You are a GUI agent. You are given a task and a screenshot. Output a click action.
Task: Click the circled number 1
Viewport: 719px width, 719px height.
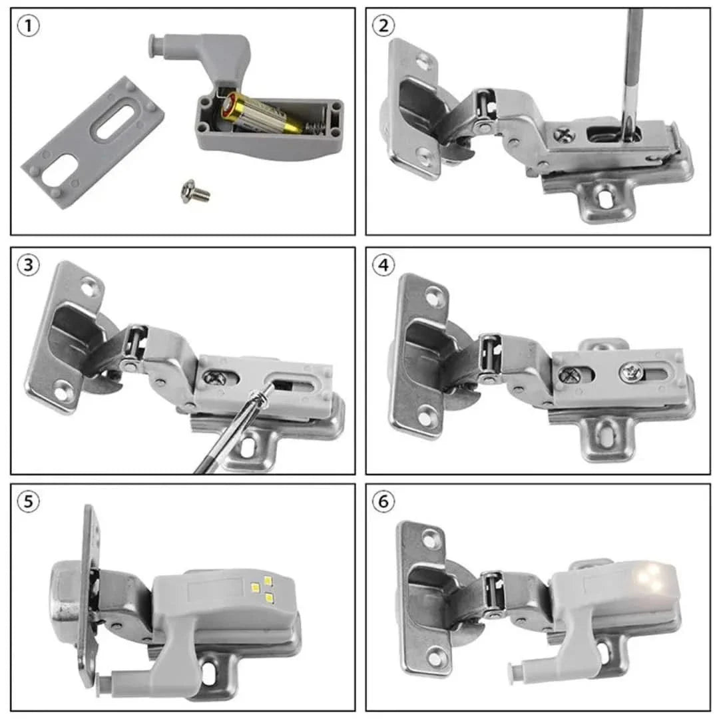coord(28,27)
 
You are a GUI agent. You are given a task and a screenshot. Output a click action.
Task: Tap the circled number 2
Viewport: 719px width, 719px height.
coord(383,27)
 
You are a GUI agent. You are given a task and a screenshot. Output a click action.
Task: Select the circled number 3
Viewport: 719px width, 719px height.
coord(28,265)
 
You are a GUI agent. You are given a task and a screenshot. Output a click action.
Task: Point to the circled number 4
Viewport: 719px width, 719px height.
coord(383,265)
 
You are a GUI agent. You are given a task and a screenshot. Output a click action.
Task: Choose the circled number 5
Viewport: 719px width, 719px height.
coord(28,502)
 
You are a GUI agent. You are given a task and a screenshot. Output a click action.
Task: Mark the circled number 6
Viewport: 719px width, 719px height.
coord(383,502)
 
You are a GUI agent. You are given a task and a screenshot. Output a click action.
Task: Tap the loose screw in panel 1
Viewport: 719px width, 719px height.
coord(195,193)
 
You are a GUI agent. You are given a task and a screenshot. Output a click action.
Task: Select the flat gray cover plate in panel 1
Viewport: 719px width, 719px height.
coord(93,141)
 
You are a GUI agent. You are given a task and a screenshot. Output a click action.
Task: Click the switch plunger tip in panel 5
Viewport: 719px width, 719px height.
coord(101,680)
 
